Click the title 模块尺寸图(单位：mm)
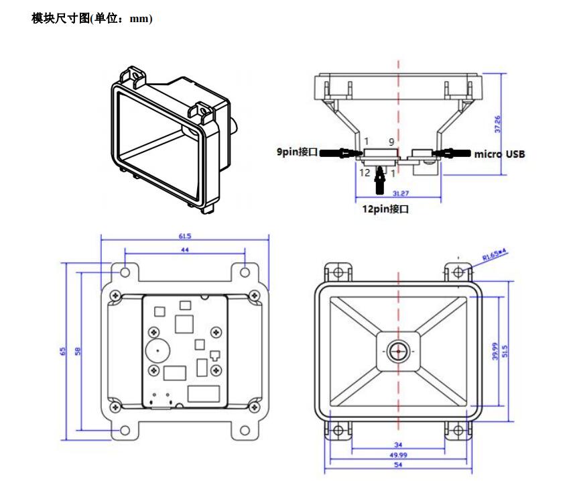(92, 19)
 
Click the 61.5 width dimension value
(184, 235)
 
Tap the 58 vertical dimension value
(78, 351)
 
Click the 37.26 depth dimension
(497, 122)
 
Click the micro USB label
(499, 154)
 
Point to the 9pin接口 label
(297, 152)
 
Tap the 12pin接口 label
(385, 209)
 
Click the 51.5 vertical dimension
(505, 351)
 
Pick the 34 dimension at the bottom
(398, 445)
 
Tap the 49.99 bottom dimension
(398, 455)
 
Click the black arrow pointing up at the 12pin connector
(381, 179)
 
